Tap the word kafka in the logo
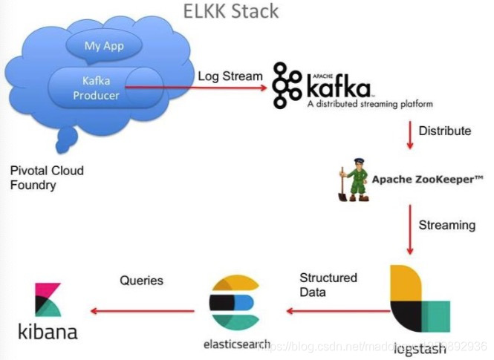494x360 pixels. (339, 88)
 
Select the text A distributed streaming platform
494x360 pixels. (369, 105)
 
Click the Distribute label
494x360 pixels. (445, 131)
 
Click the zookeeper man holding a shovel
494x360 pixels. (351, 178)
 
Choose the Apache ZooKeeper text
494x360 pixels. (427, 179)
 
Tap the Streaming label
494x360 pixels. (447, 225)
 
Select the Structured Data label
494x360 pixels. (328, 285)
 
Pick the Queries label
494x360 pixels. (141, 281)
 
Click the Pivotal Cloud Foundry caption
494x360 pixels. (47, 177)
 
